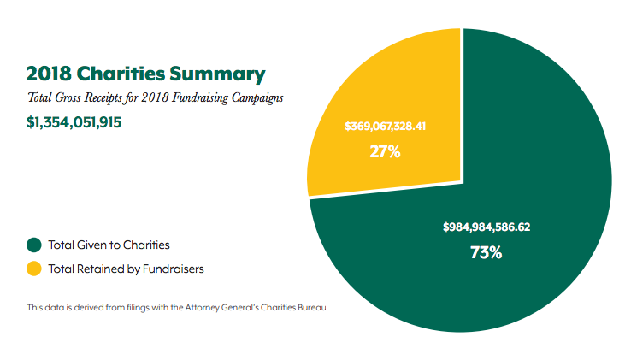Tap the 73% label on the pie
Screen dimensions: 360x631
tap(486, 252)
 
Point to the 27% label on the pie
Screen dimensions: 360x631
tap(386, 152)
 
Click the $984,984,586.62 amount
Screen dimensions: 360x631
tap(487, 227)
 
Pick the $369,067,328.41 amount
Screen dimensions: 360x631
tap(386, 127)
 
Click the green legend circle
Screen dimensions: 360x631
tap(34, 245)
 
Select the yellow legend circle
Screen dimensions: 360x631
tap(34, 269)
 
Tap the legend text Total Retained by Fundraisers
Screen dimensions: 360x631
tap(126, 269)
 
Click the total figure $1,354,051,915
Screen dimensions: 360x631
tap(74, 122)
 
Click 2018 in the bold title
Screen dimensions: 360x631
tap(48, 74)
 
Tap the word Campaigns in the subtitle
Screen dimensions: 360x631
tap(256, 98)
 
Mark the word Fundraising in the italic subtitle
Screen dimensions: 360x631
tap(192, 98)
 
